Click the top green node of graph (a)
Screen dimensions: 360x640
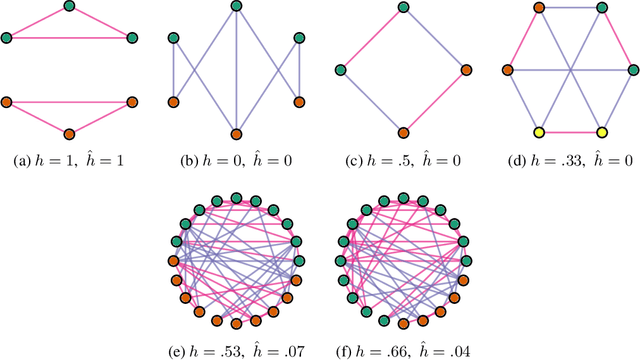[68, 7]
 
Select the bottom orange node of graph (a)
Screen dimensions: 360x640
[68, 133]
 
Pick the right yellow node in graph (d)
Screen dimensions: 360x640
[602, 133]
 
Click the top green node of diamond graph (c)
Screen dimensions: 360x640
[403, 7]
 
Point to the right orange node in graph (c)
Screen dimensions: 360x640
[466, 70]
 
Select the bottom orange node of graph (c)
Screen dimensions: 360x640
[403, 133]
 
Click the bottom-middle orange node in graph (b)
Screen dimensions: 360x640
[236, 133]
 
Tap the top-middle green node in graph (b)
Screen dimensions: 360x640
[236, 7]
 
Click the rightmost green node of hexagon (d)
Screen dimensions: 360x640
[633, 70]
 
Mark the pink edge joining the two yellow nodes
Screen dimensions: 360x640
[571, 133]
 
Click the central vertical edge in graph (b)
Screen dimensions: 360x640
[236, 70]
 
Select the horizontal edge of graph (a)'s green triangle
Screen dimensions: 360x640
[68, 39]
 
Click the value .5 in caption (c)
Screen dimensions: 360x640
[393, 160]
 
